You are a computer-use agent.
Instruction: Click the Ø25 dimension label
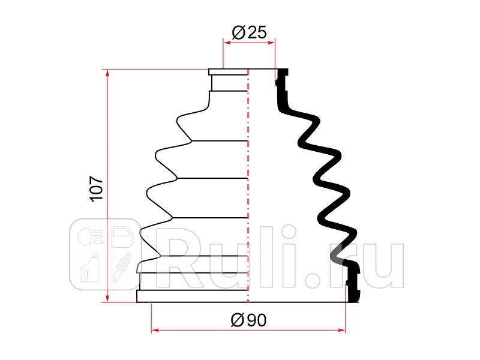(249, 32)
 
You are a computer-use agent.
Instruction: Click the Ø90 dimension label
(248, 320)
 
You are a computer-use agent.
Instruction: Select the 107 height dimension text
(97, 189)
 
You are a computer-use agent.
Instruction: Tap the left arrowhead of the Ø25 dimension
(227, 43)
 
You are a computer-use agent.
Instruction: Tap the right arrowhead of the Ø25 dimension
(271, 43)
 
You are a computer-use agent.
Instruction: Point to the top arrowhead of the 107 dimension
(107, 73)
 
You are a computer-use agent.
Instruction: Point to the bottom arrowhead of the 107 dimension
(107, 298)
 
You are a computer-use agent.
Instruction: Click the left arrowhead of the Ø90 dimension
(155, 330)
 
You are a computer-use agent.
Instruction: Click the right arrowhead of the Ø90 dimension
(341, 330)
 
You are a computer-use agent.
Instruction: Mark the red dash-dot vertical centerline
(248, 186)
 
